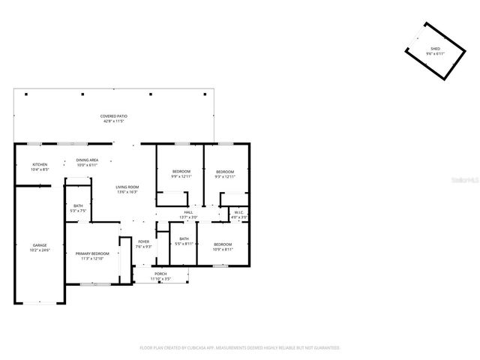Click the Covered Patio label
point(114,116)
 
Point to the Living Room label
point(127,188)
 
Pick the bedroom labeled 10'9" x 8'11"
point(223,246)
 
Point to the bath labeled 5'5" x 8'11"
point(184,241)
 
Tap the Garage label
point(40,246)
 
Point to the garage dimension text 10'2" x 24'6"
point(40,250)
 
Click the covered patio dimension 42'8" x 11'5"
point(114,121)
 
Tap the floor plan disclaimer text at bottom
point(240,348)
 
